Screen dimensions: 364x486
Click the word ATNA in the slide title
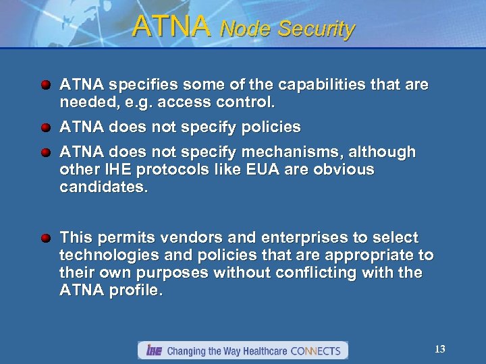click(171, 26)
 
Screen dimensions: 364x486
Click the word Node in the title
click(246, 29)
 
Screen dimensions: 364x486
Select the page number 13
click(440, 348)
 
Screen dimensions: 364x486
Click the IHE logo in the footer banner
click(153, 351)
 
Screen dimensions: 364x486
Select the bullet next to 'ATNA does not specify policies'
click(45, 127)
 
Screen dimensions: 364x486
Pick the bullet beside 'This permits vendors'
click(45, 239)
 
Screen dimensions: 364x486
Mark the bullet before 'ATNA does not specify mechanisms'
click(45, 152)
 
